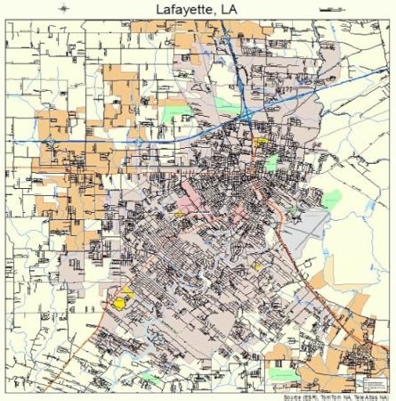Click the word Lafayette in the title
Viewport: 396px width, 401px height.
[x=174, y=9]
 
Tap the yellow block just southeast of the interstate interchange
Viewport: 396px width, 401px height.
[x=261, y=141]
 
